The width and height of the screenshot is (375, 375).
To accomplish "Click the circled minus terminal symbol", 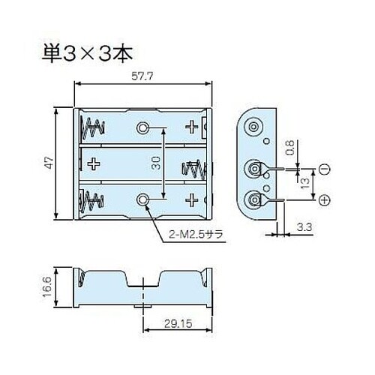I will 325,170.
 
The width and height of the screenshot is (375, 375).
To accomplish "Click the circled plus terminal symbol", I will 325,199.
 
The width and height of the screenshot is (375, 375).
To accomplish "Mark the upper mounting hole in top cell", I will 142,127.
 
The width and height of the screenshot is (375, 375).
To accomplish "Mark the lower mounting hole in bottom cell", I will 143,199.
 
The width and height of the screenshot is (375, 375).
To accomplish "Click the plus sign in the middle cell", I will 94,163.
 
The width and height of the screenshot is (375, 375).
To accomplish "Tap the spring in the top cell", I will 94,127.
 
